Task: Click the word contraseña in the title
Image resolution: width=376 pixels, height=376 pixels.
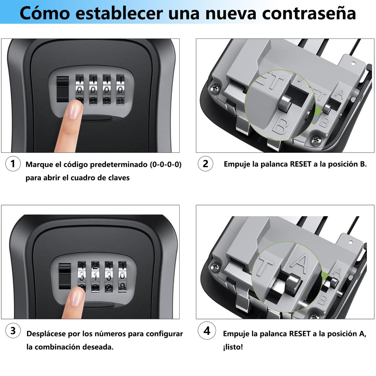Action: point(309,14)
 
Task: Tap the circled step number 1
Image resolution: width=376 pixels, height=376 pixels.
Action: point(13,164)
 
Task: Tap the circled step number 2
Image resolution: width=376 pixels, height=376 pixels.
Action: point(205,164)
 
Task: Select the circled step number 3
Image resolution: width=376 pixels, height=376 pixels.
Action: point(13,331)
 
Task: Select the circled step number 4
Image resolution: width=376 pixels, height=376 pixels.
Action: point(207,331)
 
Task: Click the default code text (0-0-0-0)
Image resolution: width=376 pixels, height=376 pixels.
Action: point(165,164)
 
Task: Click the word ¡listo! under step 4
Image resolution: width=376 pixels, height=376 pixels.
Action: point(233,347)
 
